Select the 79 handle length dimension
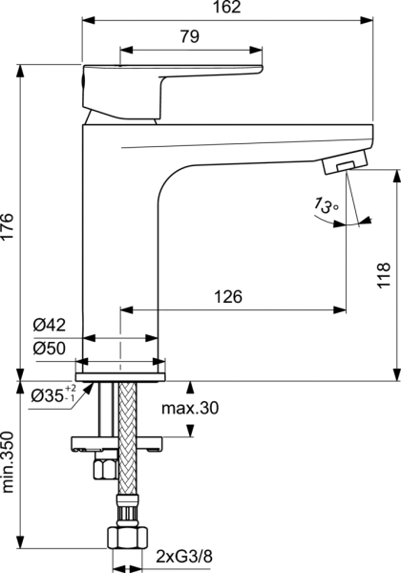(189, 37)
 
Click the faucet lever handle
(172, 79)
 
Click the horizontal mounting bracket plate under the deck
(119, 444)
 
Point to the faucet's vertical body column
(119, 239)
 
